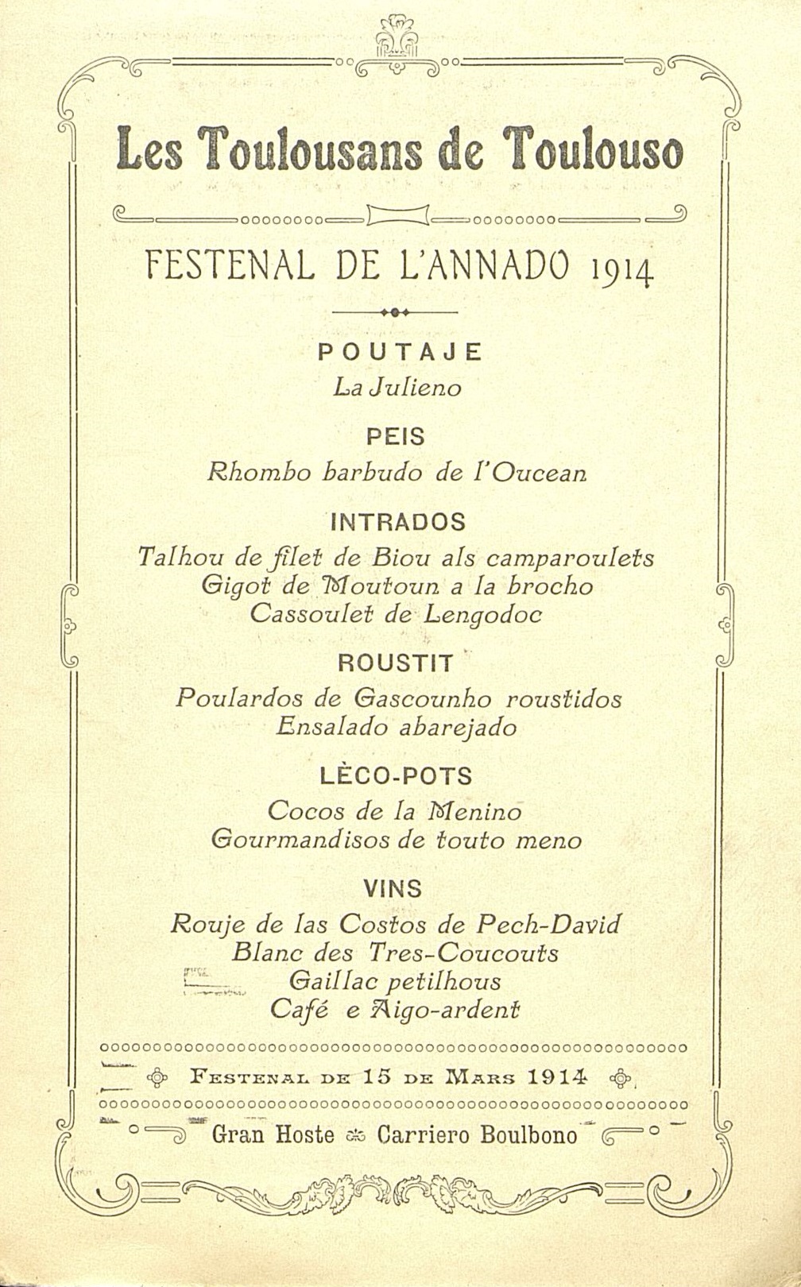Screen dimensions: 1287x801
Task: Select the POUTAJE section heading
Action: click(x=400, y=352)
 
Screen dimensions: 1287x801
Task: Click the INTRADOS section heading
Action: click(x=397, y=522)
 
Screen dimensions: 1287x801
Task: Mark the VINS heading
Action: click(x=393, y=888)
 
